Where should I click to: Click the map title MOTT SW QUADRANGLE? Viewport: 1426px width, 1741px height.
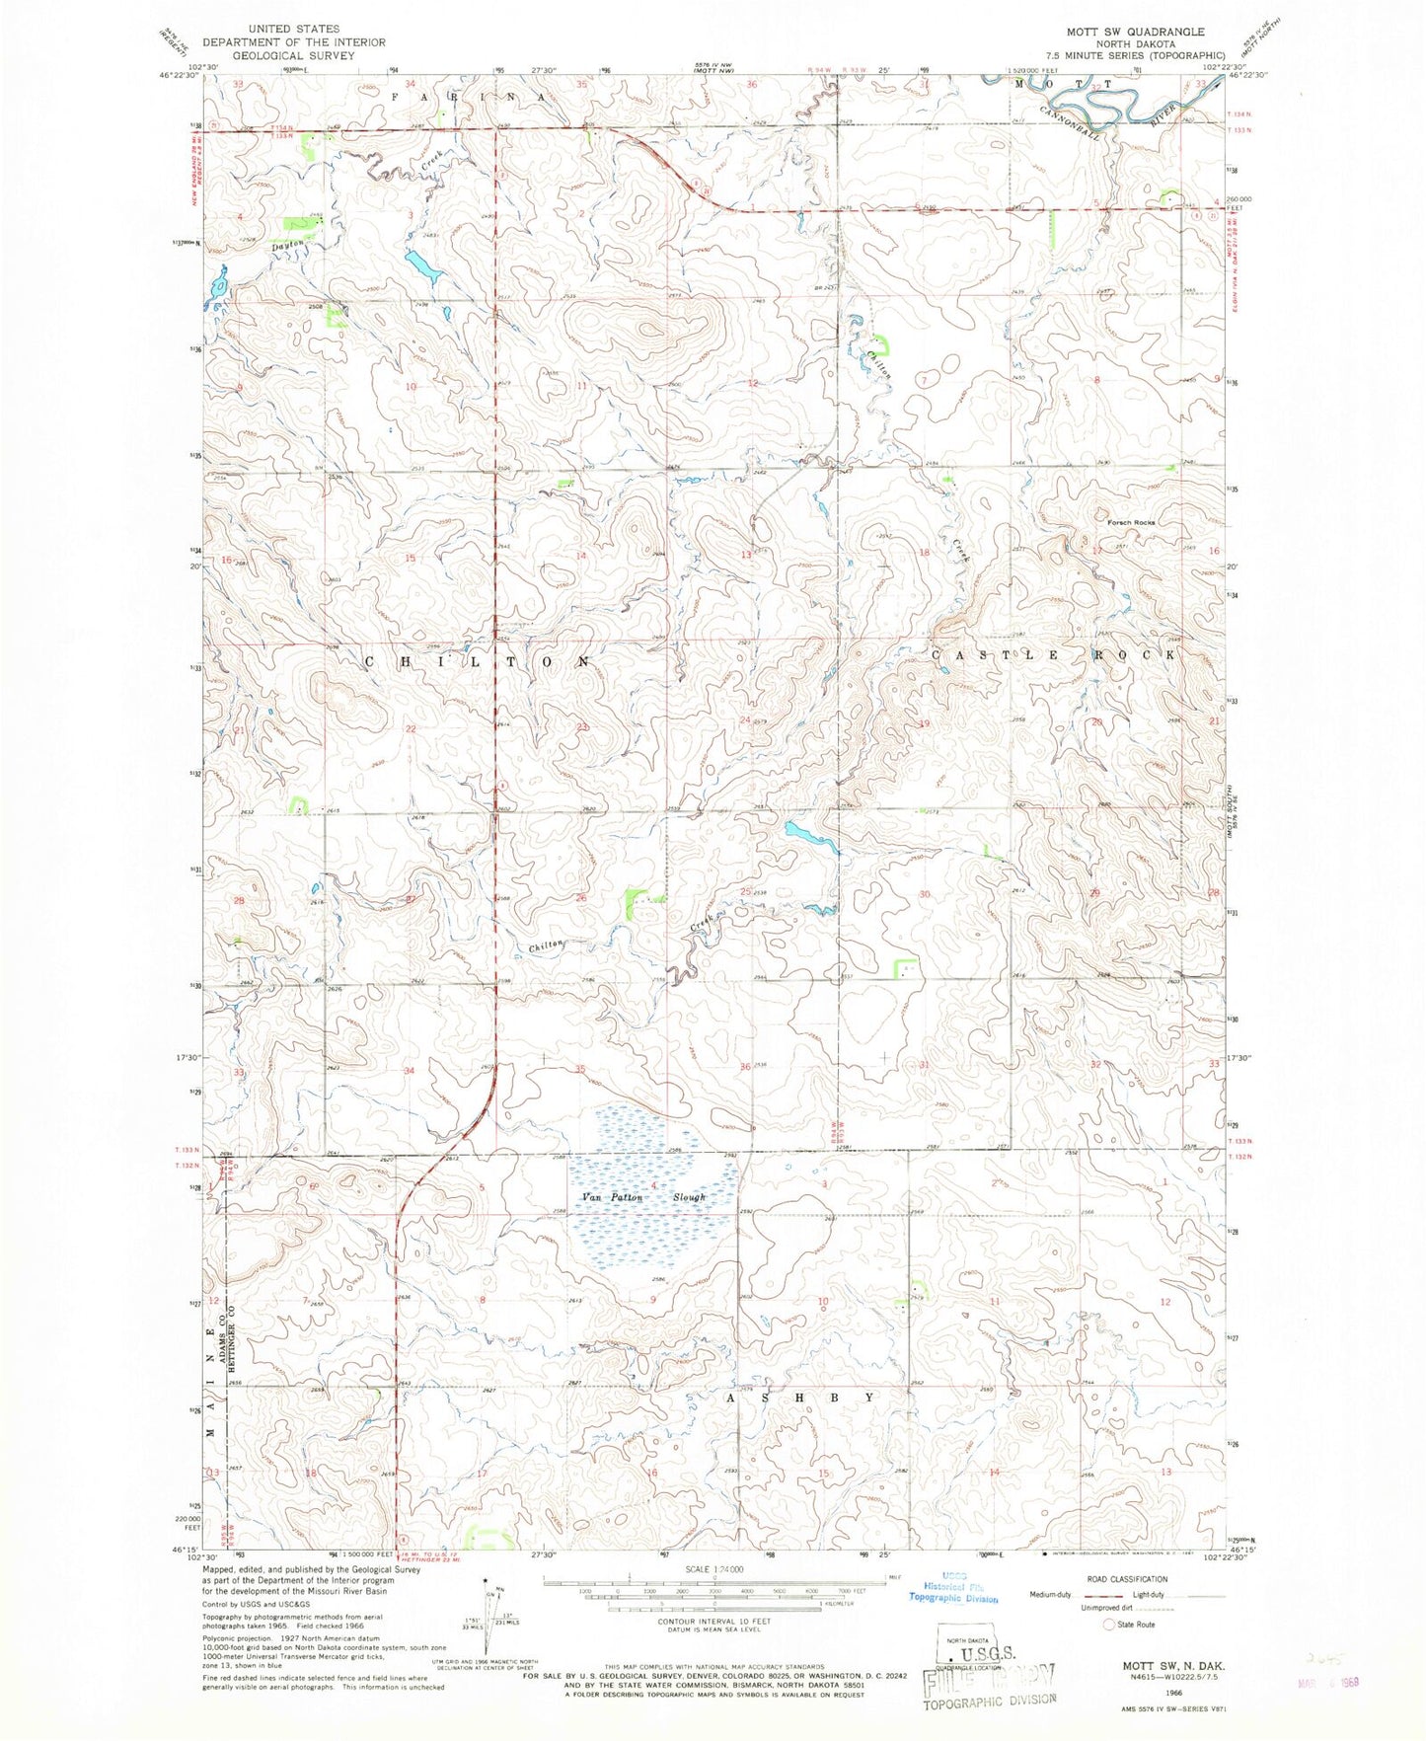(1128, 32)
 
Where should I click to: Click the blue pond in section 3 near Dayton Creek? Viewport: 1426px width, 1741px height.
(422, 265)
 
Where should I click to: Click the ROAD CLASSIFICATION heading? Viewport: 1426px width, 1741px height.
(1127, 1579)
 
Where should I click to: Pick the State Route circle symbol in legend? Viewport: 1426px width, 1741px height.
(1109, 1624)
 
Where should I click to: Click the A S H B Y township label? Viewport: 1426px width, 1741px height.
(800, 1398)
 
